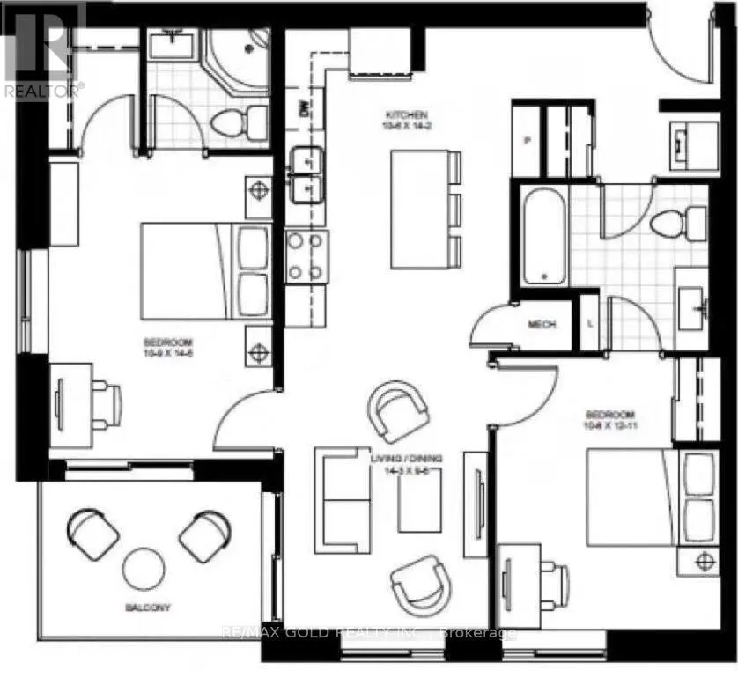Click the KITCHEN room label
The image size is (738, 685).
tap(405, 115)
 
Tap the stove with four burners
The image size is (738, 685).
tap(307, 256)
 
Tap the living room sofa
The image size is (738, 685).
tap(343, 500)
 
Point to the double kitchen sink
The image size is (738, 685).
tap(306, 174)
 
